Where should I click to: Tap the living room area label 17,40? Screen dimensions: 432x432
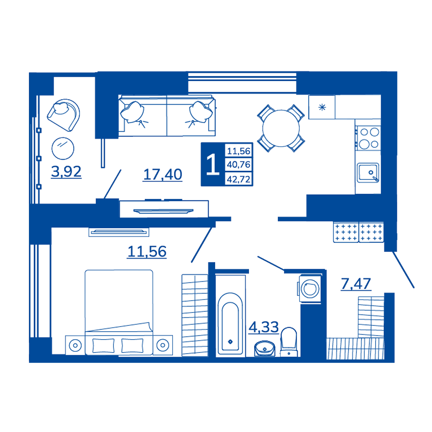pos(163,174)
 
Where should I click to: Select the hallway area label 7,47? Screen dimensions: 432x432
pos(356,284)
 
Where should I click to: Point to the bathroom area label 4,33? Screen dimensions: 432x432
pos(264,327)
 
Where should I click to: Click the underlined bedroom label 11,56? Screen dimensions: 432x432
pos(147,252)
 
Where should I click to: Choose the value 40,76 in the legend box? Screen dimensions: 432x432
pos(239,164)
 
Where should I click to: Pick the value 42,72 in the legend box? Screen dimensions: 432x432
pos(239,179)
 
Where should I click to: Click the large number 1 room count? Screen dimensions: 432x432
pos(213,164)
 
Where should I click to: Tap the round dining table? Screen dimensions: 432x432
pos(281,128)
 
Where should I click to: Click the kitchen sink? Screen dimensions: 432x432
pos(368,173)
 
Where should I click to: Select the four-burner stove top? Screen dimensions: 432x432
pos(368,138)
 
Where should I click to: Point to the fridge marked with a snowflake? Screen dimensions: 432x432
pos(322,107)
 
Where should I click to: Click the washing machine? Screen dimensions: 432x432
pos(310,289)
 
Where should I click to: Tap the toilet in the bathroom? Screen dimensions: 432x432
pos(289,342)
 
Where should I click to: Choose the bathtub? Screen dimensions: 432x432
pos(230,324)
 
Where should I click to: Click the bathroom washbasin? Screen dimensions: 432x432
pos(265,348)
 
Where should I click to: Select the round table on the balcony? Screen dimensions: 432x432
pos(63,148)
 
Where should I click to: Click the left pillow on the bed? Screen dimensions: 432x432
pos(103,346)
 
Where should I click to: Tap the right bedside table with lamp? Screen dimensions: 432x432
pos(163,345)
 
